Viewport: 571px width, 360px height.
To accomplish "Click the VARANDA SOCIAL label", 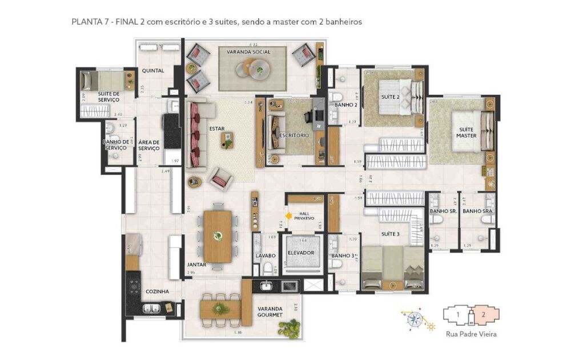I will (x=248, y=52).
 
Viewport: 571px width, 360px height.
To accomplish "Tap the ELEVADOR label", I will (x=300, y=253).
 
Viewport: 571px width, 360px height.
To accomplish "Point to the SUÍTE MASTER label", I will (x=466, y=133).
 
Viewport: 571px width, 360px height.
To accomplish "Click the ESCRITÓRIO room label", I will (x=294, y=135).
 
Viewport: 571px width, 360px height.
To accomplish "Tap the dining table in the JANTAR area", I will (x=218, y=235).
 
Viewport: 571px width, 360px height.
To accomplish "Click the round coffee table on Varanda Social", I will (x=256, y=70).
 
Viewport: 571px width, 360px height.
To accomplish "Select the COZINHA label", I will (x=156, y=291).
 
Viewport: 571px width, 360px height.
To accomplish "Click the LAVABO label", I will (x=266, y=255).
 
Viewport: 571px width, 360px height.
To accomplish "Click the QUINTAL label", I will (x=153, y=71).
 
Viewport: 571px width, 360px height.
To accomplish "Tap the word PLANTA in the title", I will (x=84, y=22).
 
